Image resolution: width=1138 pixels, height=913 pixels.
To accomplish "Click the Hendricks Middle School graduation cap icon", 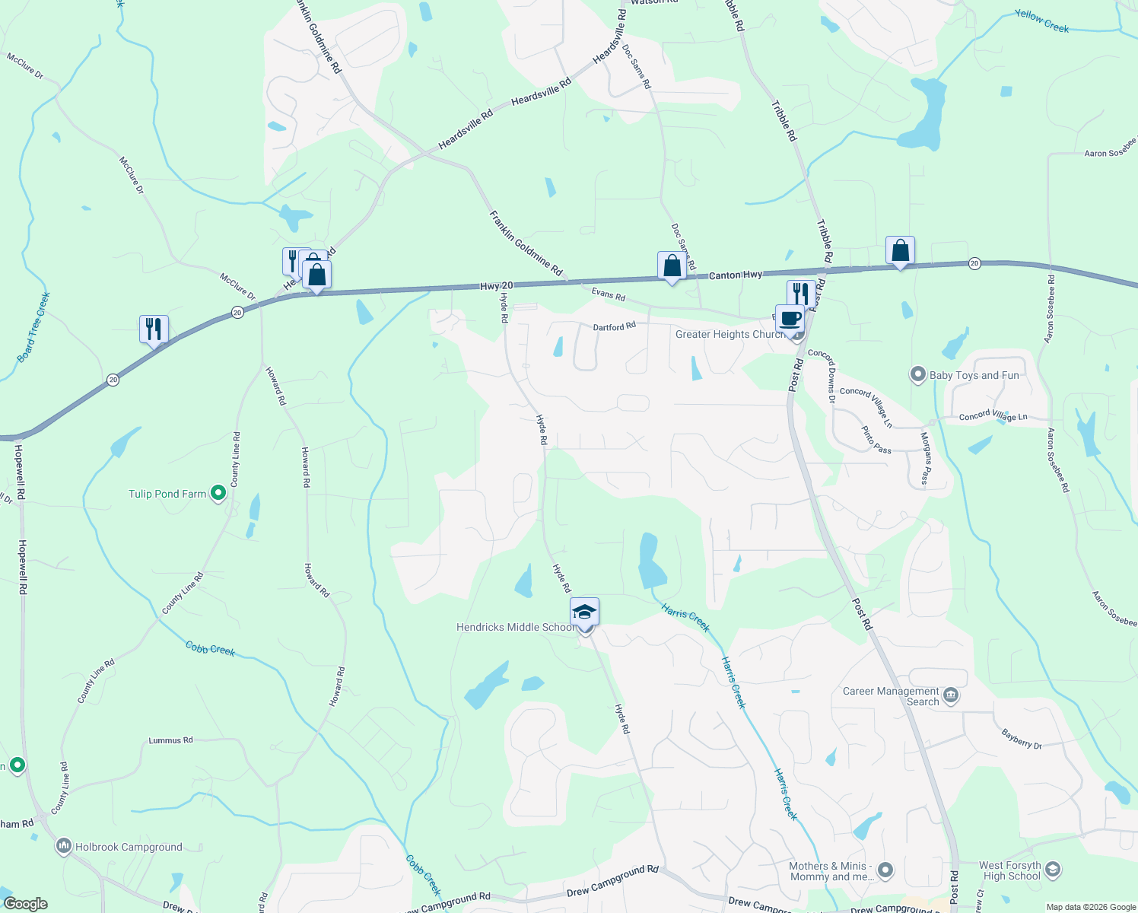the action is [x=584, y=612].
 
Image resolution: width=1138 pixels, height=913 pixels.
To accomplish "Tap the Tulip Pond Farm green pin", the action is [x=218, y=494].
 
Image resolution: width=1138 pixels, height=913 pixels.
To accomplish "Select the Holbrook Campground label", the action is [x=129, y=847].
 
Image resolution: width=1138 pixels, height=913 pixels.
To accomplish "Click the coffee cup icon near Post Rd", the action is [x=790, y=319].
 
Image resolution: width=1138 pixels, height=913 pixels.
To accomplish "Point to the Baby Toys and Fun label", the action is [x=974, y=375].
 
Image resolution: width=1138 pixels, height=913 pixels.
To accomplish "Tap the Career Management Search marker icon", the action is [x=950, y=695].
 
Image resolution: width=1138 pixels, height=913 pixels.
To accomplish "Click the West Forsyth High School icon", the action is [x=1053, y=869].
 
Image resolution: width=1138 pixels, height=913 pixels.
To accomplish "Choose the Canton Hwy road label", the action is [x=735, y=275].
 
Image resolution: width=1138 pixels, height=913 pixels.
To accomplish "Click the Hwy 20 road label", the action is [x=496, y=286].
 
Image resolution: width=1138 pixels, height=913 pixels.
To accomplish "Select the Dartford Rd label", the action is [x=614, y=326].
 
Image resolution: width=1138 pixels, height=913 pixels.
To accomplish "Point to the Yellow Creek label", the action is [x=1041, y=21].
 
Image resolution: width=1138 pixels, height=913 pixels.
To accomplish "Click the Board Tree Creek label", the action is [x=33, y=327].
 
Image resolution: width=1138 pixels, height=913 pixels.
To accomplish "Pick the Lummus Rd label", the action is [x=170, y=740].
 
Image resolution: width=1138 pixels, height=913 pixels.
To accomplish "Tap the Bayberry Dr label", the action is [x=1022, y=740].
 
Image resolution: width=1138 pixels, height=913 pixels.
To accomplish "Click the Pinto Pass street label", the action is [x=876, y=441].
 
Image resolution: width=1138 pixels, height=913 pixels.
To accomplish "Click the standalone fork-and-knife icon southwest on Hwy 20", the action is [x=154, y=329].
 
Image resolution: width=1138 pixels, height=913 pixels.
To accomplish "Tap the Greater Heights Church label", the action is [x=729, y=334].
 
